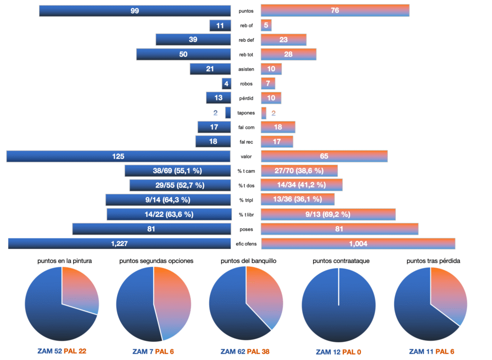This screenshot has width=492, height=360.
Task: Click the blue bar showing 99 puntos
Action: (135, 11)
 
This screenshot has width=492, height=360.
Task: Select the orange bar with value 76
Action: (335, 11)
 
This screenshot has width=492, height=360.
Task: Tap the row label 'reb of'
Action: (246, 25)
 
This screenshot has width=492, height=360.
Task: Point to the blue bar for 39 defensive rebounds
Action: (193, 40)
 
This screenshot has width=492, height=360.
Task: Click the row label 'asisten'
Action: (246, 69)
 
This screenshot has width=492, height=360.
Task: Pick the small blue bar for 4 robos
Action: (226, 84)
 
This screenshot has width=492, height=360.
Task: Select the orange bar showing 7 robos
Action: (268, 84)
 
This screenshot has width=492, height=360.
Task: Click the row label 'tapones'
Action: (246, 113)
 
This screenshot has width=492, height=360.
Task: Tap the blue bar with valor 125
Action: (118, 156)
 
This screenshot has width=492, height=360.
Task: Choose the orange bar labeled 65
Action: (324, 156)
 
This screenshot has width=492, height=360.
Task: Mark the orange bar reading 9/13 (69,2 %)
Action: (328, 214)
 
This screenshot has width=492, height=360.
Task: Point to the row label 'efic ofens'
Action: (246, 244)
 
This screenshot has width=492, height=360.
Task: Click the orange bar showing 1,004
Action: (358, 244)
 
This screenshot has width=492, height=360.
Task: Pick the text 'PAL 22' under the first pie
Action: (75, 352)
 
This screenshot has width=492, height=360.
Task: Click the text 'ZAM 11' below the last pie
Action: (423, 352)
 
